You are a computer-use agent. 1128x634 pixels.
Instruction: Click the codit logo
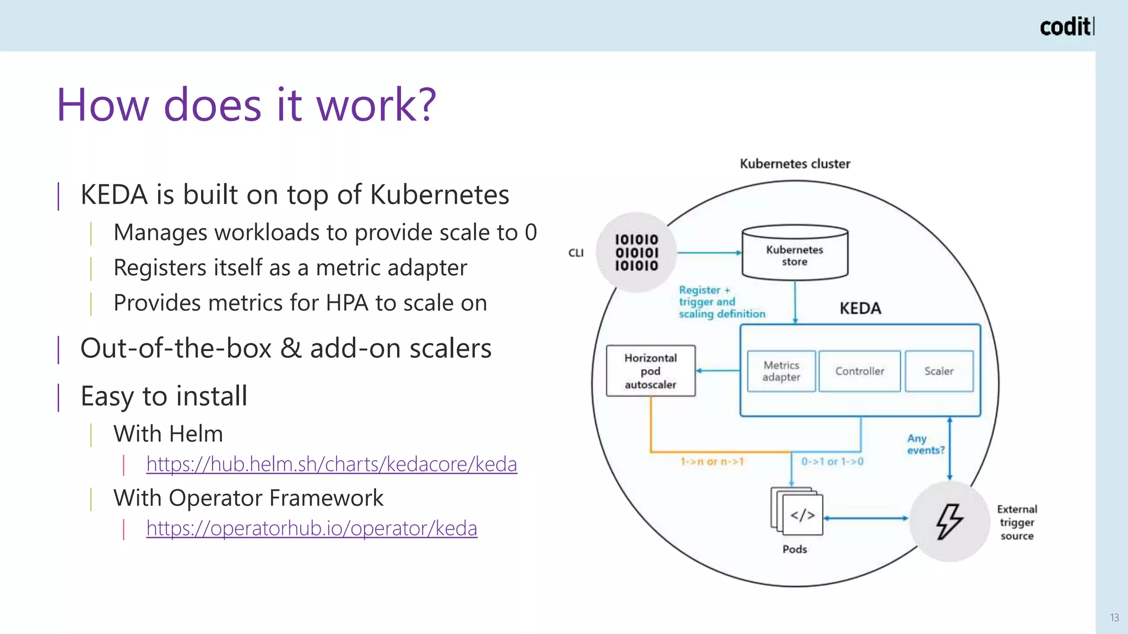tap(1066, 27)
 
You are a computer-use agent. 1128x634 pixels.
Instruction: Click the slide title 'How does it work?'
tap(246, 105)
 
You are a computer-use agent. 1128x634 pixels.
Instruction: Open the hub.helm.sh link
tap(332, 464)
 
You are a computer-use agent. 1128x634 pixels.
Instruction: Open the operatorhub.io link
tap(312, 528)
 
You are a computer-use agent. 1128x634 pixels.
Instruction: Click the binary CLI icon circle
tap(636, 253)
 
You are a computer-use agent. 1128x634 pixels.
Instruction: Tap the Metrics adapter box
tap(781, 371)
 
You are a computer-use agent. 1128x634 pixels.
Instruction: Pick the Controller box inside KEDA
tap(859, 371)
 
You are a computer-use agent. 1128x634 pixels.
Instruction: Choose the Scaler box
tap(939, 371)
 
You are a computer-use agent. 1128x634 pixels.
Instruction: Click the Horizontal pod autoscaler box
tap(650, 371)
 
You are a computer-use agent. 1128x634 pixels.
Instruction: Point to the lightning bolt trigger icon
tap(949, 521)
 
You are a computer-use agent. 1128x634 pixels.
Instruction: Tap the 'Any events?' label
tap(925, 444)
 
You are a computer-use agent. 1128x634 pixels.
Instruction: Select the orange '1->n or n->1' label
tap(712, 462)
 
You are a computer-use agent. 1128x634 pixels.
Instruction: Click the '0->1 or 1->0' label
tap(832, 462)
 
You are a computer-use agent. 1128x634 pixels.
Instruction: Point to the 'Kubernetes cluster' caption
tap(794, 164)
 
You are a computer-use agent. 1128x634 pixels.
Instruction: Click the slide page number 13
tap(1114, 617)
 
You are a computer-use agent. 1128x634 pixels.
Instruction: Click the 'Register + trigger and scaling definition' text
tap(721, 302)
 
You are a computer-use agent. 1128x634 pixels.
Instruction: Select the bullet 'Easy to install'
tap(164, 396)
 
